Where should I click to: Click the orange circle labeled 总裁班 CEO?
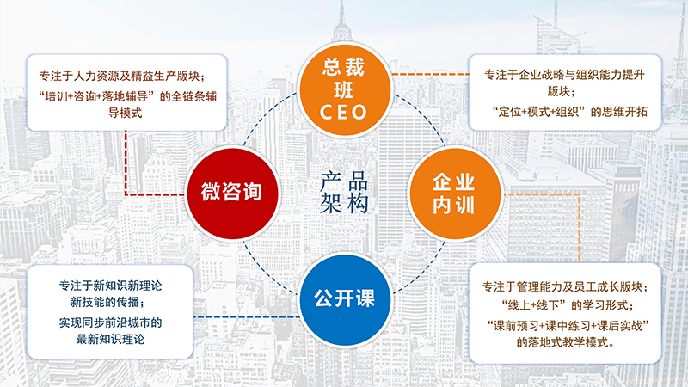click(344, 86)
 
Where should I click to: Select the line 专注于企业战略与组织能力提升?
click(565, 74)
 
